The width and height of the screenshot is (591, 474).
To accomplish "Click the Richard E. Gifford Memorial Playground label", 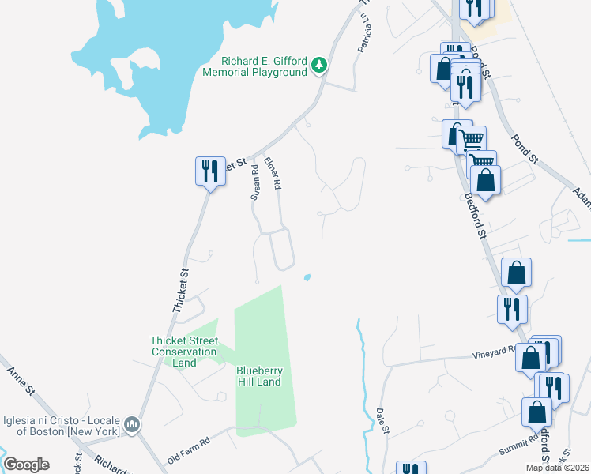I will pos(264,66).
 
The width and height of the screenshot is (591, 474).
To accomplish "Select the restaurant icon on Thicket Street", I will pos(209,171).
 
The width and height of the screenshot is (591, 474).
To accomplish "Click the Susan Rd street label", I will pos(254,181).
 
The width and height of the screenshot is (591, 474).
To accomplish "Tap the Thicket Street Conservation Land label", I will pos(183,352).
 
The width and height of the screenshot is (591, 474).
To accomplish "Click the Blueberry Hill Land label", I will pos(258,376).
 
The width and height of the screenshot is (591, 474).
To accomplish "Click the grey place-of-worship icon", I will pos(134,425).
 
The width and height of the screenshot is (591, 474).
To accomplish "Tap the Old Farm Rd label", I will pos(188,451).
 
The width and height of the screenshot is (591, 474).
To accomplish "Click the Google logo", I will pos(26,465).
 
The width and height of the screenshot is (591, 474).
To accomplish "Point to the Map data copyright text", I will pos(557,468).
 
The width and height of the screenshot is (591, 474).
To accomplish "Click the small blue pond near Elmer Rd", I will pos(307,277).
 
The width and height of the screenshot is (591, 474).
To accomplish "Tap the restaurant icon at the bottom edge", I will pos(410,468).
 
